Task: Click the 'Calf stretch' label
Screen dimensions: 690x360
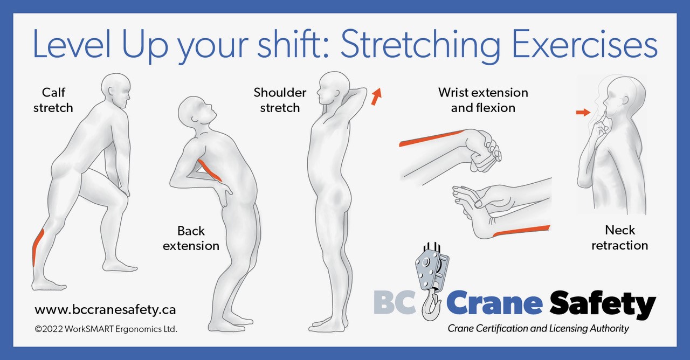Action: tap(53, 100)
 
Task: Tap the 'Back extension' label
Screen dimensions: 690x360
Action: tap(191, 238)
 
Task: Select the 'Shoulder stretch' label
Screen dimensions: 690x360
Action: tap(280, 100)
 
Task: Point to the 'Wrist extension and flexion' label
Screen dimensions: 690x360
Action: tap(483, 100)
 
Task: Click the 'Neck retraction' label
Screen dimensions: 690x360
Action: tap(620, 238)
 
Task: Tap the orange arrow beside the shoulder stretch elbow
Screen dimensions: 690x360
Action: tap(376, 96)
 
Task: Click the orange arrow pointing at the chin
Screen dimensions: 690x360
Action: tap(583, 113)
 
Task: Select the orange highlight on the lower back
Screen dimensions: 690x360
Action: tap(210, 170)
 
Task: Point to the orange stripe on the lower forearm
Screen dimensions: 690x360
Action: tap(521, 231)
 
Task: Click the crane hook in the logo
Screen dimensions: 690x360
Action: tap(431, 304)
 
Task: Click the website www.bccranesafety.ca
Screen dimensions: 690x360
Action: tap(105, 309)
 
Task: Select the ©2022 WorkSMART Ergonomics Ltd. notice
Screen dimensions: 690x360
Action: tap(106, 329)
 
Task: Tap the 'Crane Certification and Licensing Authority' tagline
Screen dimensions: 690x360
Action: tap(538, 329)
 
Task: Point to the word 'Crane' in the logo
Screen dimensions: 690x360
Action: tap(494, 302)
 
